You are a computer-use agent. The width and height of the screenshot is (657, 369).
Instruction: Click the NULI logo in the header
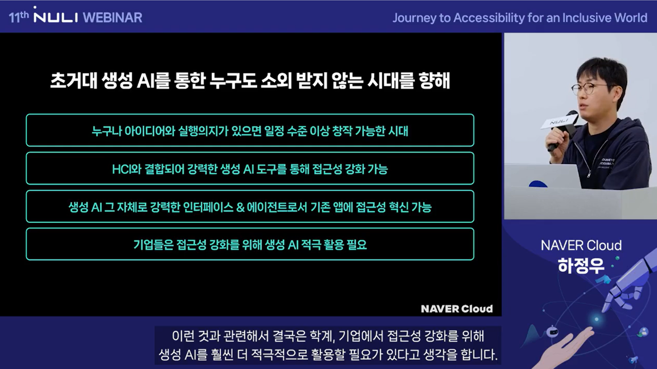click(56, 15)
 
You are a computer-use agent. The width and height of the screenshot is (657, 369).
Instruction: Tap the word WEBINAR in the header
click(112, 17)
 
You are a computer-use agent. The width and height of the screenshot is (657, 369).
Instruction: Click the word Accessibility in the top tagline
click(489, 18)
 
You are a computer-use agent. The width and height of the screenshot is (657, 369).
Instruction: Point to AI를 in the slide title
click(153, 81)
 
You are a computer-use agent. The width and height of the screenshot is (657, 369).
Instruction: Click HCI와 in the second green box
click(127, 169)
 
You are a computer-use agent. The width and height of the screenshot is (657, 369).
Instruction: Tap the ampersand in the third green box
click(240, 208)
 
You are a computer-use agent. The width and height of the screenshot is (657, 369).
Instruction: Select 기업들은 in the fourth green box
click(153, 244)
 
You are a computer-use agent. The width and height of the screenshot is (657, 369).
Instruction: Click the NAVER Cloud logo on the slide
click(457, 309)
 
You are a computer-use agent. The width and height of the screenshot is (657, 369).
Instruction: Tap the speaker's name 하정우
click(581, 265)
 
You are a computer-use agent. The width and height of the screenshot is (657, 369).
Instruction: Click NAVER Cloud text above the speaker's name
click(581, 245)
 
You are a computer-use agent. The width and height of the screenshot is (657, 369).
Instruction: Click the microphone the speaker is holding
click(561, 129)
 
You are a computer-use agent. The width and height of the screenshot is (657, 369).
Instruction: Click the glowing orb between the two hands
click(596, 319)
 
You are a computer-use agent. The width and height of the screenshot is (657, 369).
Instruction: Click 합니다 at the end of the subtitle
click(479, 355)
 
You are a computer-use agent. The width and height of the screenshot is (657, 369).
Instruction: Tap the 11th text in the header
click(19, 17)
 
